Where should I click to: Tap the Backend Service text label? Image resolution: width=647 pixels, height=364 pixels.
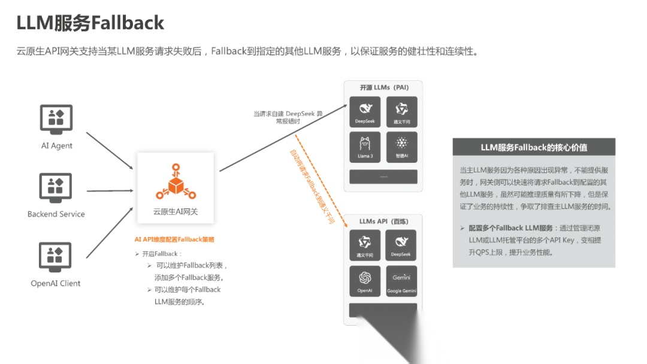coord(56,214)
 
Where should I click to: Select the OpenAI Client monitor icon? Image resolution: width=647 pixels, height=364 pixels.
coord(56,256)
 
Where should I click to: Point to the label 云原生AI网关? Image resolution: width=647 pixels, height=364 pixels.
coord(176,211)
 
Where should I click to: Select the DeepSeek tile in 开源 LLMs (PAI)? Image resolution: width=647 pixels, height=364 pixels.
coord(365,112)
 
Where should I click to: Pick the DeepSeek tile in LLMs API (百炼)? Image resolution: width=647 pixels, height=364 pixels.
coord(401,245)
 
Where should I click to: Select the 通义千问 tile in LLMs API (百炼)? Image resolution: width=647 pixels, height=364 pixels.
coord(365,245)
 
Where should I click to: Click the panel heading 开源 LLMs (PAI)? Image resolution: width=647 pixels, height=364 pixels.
coord(384,87)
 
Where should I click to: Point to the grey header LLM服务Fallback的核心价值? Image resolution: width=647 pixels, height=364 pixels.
coord(534,147)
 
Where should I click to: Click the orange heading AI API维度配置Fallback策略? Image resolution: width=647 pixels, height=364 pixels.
coord(174,239)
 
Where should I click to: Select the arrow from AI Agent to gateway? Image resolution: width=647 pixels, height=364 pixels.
coord(110,150)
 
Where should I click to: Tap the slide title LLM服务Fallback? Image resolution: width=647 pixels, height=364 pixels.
coord(90,23)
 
